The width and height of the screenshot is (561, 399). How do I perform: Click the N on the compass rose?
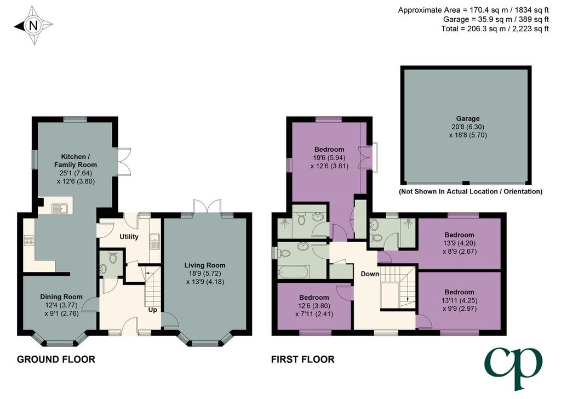point(33,25)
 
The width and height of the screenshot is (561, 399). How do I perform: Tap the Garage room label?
point(468,118)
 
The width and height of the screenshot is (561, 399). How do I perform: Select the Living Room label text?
point(205,265)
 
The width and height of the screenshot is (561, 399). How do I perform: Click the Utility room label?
point(129,237)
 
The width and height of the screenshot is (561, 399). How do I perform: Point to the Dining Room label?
point(61,297)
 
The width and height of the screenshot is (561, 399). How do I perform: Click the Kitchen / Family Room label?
point(76,161)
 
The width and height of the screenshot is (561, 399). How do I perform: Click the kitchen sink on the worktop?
point(59,208)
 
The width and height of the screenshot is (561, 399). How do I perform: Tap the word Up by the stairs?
point(153,310)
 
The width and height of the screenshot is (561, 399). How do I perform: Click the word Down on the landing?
point(370,273)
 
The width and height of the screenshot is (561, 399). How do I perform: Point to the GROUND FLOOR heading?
point(56,360)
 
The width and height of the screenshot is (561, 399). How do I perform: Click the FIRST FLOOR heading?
point(302,360)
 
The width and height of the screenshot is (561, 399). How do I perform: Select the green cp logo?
point(513,369)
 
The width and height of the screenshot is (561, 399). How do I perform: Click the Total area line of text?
point(495,29)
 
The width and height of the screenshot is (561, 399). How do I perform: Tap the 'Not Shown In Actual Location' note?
point(471,191)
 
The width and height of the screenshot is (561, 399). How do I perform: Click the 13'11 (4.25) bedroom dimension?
point(460,300)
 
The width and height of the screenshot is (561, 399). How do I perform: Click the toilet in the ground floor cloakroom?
point(113,258)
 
